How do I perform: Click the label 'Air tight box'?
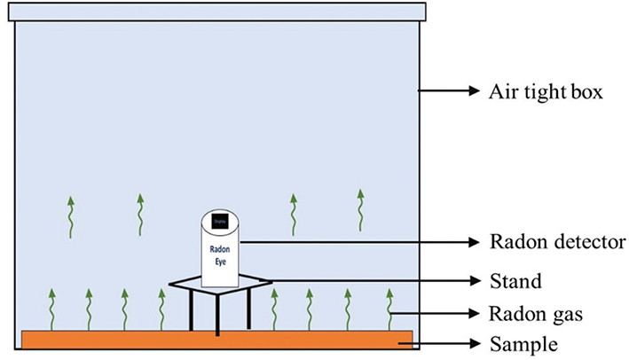[x=546, y=92]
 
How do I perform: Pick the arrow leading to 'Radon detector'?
[x=355, y=240]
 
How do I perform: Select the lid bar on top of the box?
[x=217, y=12]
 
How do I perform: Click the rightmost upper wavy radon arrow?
[x=359, y=207]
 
